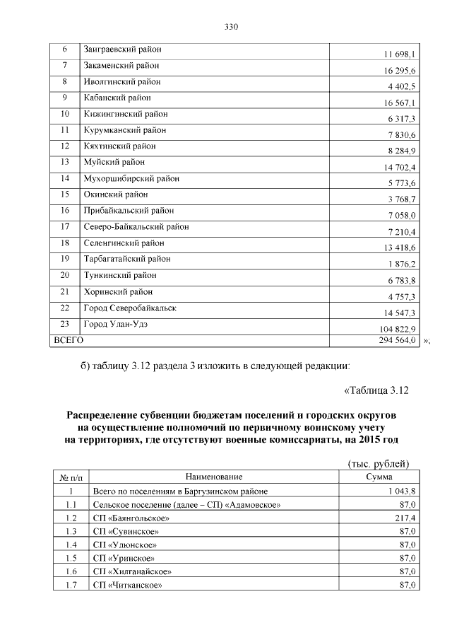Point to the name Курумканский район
[124, 130]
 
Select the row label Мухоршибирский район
[131, 178]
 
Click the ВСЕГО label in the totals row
[69, 340]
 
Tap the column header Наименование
[214, 477]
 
